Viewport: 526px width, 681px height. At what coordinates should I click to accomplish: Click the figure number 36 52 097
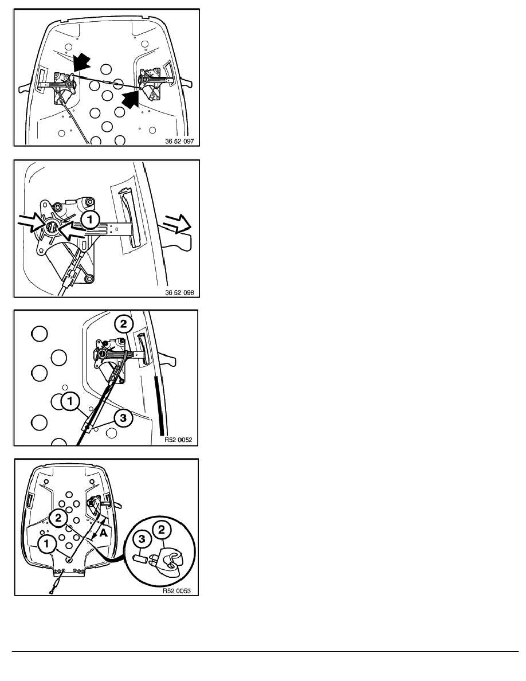(179, 141)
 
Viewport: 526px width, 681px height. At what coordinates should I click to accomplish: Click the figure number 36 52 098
(179, 292)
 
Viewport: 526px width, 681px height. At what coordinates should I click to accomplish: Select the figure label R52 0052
(178, 440)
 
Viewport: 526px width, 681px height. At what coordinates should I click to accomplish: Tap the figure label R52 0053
(176, 590)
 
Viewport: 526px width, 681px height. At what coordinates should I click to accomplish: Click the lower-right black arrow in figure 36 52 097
(132, 98)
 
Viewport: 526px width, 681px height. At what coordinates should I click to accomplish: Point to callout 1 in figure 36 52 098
(91, 220)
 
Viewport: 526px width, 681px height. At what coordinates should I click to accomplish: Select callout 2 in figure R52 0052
(123, 323)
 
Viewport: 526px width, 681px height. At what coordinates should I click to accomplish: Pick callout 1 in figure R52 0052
(70, 401)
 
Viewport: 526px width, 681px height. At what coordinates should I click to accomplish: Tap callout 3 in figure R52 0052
(123, 418)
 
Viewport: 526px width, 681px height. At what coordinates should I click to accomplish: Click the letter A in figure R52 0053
(103, 533)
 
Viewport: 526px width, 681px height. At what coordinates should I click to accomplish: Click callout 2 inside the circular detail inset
(162, 530)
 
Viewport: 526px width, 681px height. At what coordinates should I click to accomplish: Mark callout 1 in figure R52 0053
(47, 543)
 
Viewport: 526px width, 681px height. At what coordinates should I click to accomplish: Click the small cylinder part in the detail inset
(140, 558)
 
